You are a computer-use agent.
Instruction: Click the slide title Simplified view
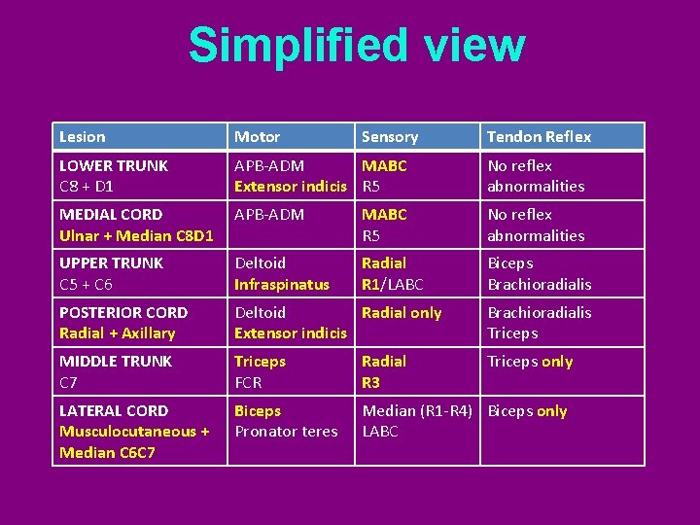coord(356,46)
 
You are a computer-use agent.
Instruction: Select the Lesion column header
coord(83,137)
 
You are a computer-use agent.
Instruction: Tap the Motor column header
coord(258,137)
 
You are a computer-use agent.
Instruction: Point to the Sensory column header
coord(390,137)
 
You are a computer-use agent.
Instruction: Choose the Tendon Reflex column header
coord(539,137)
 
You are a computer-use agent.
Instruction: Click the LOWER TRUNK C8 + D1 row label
coord(114,176)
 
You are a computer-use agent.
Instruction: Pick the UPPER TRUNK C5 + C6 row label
coord(112,273)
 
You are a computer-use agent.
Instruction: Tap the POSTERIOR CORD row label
coord(123,323)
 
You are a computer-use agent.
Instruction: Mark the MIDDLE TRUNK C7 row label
coord(116,371)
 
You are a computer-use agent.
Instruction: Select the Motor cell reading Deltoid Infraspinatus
coord(282,273)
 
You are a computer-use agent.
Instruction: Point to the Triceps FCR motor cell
coord(261,371)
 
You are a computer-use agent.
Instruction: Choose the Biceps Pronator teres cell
coord(286,421)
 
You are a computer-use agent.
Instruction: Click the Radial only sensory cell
coord(402,313)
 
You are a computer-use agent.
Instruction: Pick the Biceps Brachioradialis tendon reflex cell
coord(540,273)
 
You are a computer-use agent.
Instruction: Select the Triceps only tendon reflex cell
coord(530,362)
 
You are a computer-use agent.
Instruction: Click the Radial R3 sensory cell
coord(384,371)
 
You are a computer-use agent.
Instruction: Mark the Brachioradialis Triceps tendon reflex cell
coord(540,323)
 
